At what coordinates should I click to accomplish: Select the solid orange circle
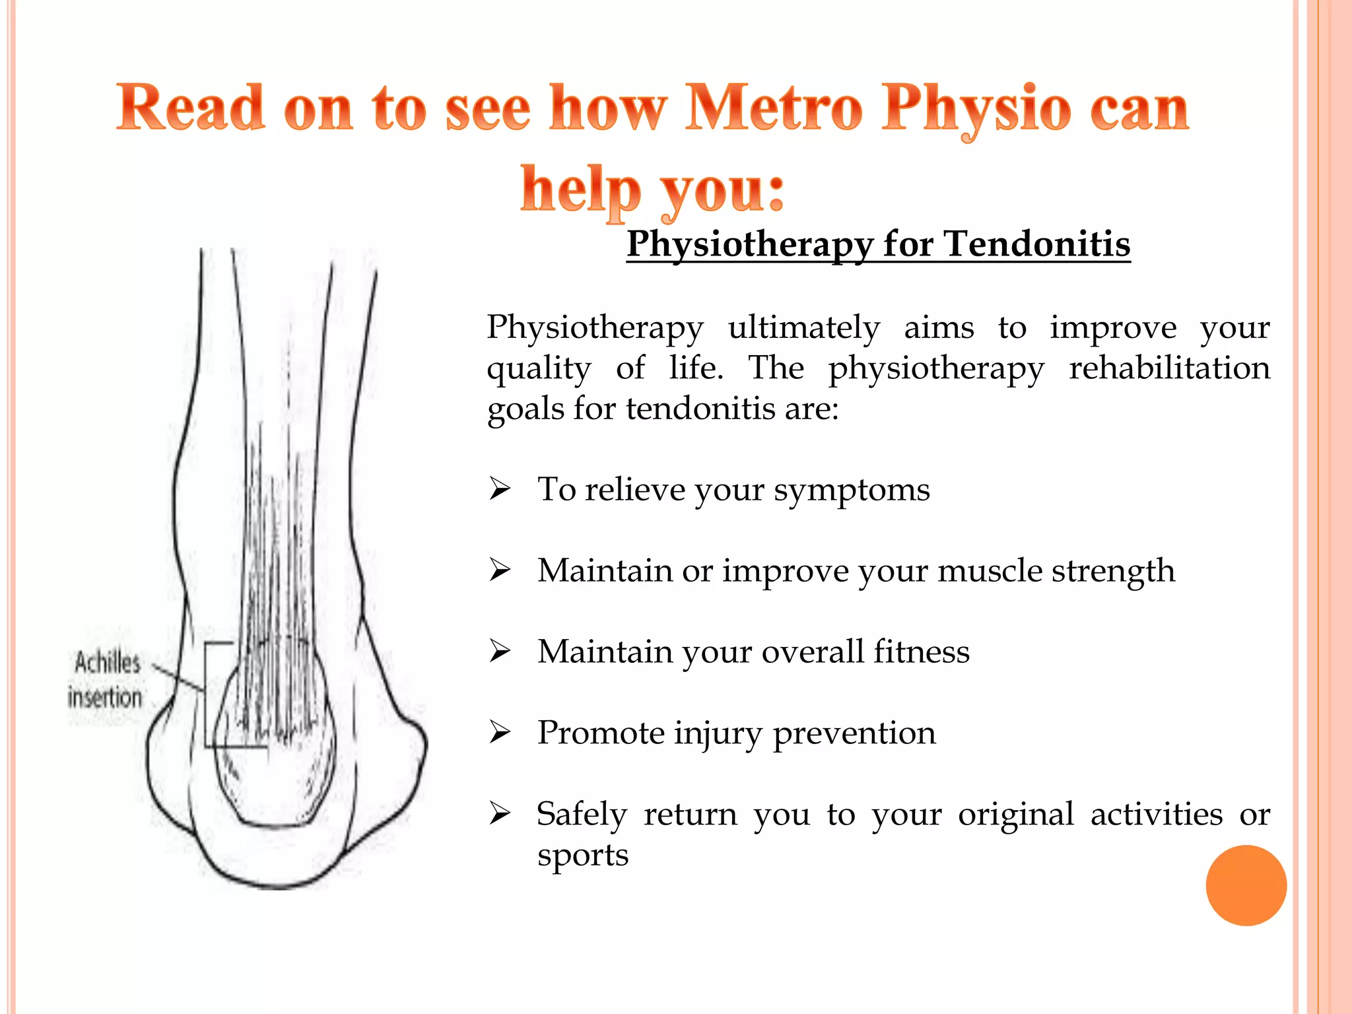click(x=1246, y=885)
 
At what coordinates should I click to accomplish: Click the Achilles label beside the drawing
click(x=108, y=662)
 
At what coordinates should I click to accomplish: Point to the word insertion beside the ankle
click(x=105, y=698)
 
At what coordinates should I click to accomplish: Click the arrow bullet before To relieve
click(x=500, y=489)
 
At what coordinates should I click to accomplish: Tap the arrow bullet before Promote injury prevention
click(x=500, y=732)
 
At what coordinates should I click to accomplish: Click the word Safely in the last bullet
click(x=581, y=815)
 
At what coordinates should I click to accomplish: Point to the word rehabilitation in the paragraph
click(x=1169, y=368)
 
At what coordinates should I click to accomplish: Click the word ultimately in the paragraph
click(x=803, y=327)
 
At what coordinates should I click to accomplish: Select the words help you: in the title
click(x=652, y=189)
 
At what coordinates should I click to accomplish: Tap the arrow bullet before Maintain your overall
click(x=500, y=651)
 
